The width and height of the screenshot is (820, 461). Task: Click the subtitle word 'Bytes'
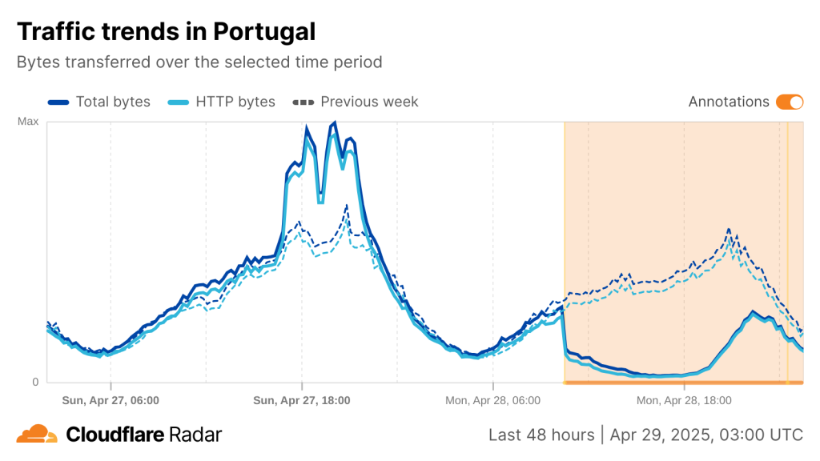coord(37,62)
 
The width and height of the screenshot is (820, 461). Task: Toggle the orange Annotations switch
coord(790,102)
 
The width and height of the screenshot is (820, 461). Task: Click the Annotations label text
coord(729,102)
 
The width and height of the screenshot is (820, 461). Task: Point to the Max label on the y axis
coord(28,122)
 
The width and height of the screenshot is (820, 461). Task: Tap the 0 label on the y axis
coord(35,382)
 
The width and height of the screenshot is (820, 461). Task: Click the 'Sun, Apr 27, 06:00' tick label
coord(111,399)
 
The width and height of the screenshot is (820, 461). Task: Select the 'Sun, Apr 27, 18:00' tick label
coord(301,399)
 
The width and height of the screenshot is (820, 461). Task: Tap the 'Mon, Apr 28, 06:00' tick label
coord(492,399)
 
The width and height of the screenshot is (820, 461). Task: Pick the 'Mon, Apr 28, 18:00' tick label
coord(684,399)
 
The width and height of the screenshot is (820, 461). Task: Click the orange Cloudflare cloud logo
coord(37,435)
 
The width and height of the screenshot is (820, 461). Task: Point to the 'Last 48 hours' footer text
coord(541,435)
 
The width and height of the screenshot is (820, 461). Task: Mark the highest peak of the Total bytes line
coord(334,122)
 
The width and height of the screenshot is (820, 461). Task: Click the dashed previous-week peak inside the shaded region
coord(729,230)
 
